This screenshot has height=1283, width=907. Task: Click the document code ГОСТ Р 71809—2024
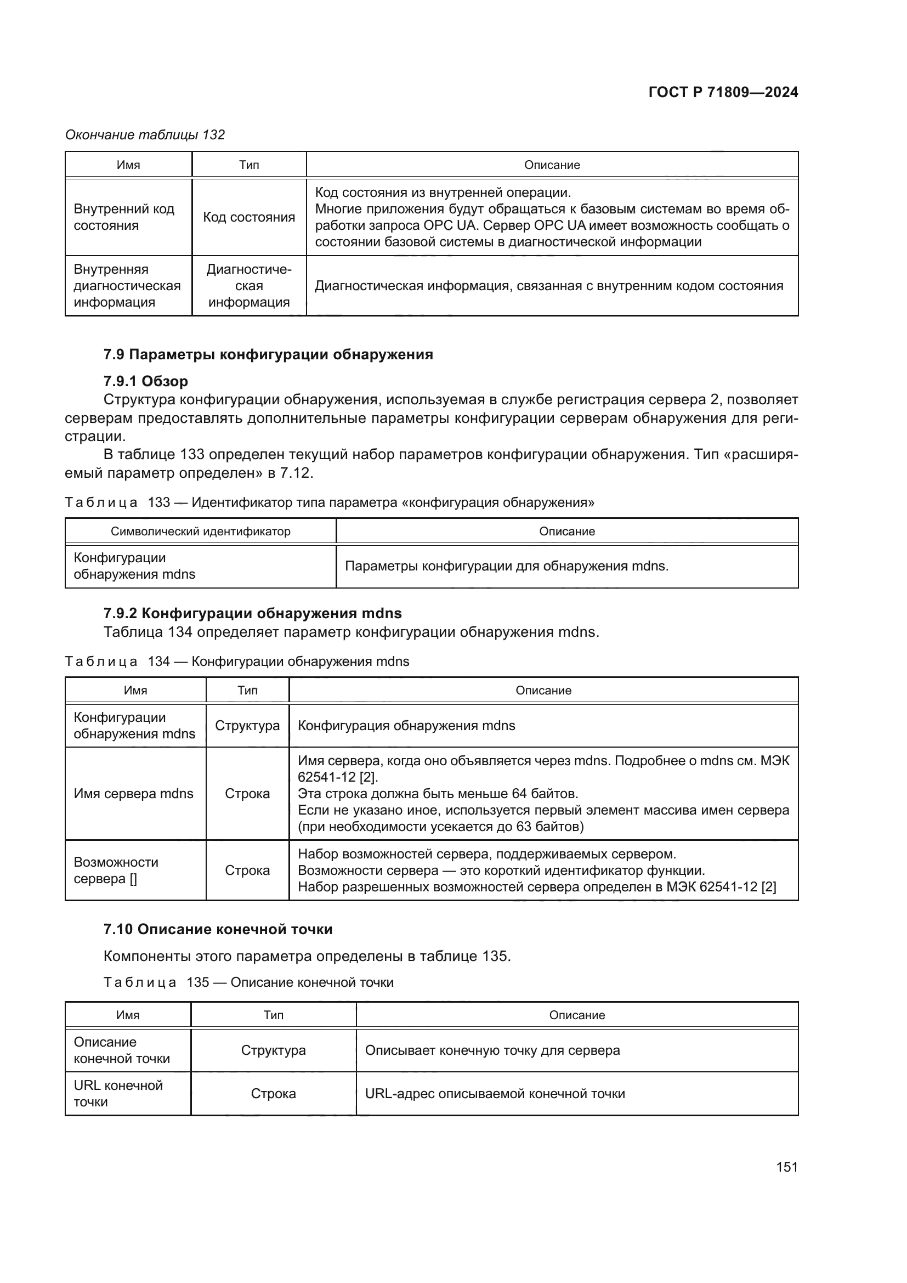[723, 93]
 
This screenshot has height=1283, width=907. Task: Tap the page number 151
[786, 1166]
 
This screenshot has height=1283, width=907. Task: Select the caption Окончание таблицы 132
[145, 135]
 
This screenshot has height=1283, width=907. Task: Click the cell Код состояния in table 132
[249, 217]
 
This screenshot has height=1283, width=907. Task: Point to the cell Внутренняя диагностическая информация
[127, 286]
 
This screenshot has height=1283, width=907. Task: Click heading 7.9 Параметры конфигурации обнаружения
[268, 354]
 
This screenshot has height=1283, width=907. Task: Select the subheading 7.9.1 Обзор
[146, 381]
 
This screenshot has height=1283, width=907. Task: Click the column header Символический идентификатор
[201, 531]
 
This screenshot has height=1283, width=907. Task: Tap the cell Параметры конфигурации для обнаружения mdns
[507, 566]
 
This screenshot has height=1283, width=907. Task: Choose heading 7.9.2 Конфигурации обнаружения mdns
[252, 613]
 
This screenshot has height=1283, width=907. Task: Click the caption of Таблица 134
[237, 661]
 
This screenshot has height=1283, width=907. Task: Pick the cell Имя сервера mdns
[133, 794]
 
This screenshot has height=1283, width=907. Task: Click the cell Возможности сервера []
[116, 870]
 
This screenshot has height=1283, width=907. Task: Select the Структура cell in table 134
[247, 725]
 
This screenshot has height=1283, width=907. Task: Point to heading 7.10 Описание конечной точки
[218, 929]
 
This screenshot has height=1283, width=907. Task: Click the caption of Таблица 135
[248, 982]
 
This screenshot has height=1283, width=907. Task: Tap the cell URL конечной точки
[118, 1094]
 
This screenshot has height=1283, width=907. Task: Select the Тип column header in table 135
[273, 1015]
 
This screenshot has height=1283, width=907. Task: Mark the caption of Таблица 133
[330, 502]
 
